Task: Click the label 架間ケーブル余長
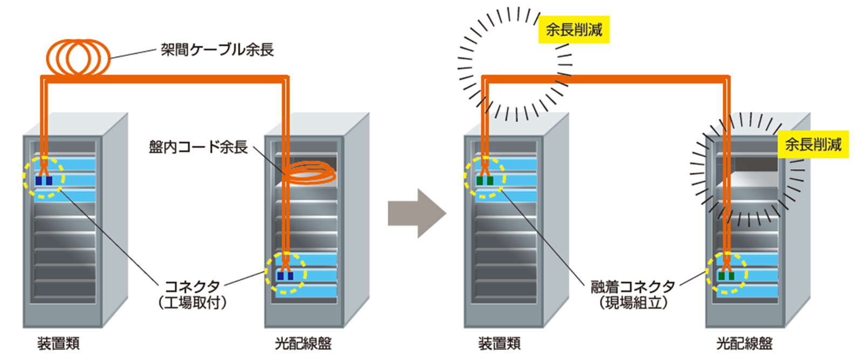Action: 217,50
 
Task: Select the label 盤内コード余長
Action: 198,147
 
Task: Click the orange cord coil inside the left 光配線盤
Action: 309,175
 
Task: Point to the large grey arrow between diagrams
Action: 416,213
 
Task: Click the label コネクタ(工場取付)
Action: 192,294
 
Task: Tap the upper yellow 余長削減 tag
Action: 574,30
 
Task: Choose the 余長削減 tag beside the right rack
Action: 813,144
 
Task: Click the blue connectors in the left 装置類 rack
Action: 44,181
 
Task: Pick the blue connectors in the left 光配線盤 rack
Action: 285,276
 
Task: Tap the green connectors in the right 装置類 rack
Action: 485,181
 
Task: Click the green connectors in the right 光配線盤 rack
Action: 726,276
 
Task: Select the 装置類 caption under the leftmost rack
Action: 59,343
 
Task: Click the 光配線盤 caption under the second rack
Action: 303,343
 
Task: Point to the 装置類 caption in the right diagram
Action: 499,343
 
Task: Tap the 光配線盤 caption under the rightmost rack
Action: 744,343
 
